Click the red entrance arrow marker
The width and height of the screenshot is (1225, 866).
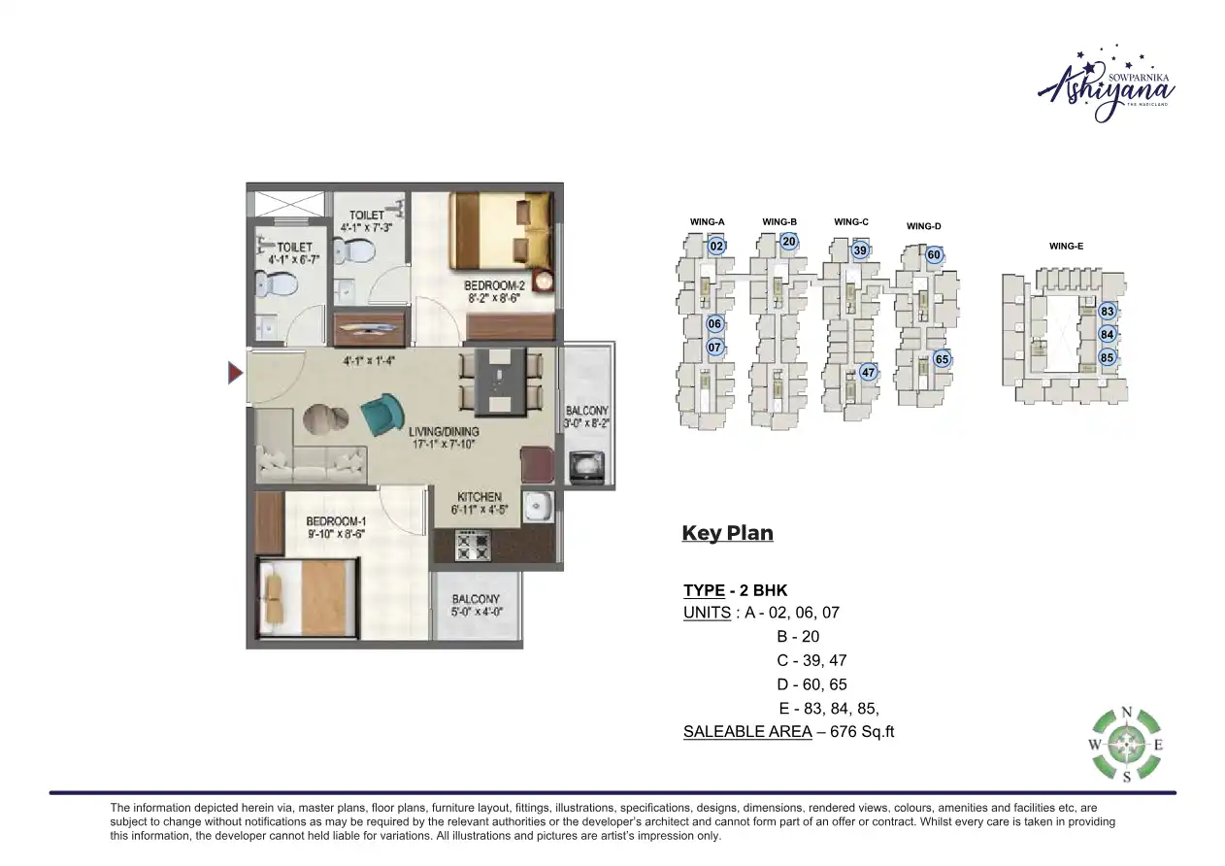click(235, 373)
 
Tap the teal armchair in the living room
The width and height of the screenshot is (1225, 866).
click(382, 413)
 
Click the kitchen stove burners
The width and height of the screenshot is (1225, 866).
click(473, 545)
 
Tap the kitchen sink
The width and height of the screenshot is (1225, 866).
click(537, 506)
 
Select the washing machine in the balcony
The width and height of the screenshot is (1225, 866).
click(585, 467)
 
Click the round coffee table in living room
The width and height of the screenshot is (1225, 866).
click(325, 419)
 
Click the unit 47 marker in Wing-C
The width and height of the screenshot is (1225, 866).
click(868, 373)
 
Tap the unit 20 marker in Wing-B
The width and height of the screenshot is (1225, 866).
click(789, 242)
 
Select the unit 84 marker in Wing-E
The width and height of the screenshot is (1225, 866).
click(1107, 334)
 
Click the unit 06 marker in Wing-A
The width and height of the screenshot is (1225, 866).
click(714, 324)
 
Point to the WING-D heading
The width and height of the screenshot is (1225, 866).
click(924, 227)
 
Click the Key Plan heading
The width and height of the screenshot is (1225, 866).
click(727, 533)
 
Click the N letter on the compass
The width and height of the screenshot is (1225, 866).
click(1126, 712)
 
